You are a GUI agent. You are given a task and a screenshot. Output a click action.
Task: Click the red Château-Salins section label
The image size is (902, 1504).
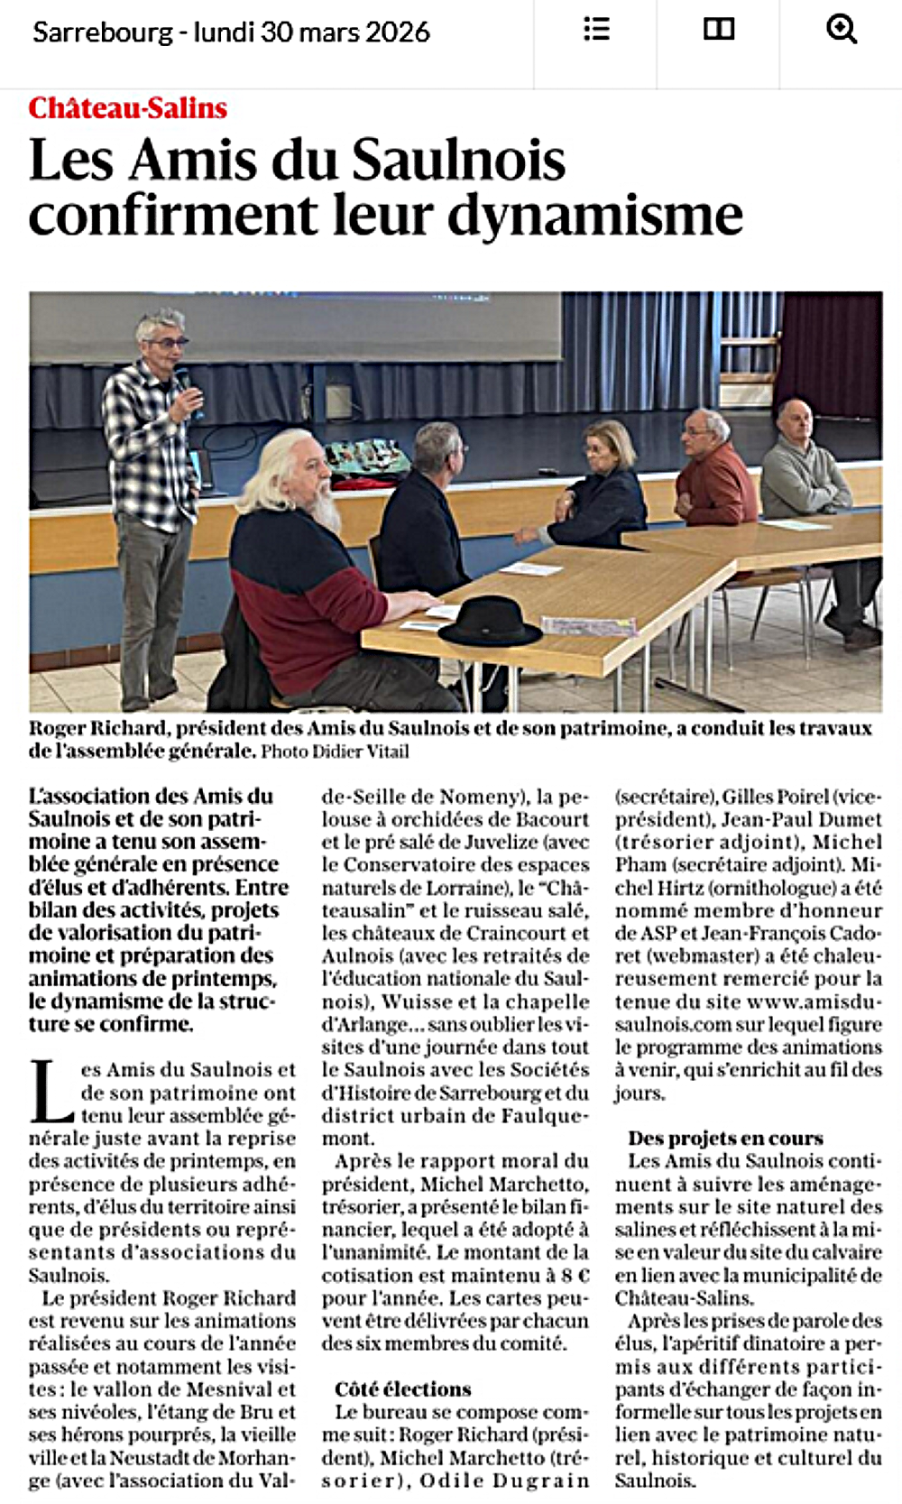click(x=127, y=108)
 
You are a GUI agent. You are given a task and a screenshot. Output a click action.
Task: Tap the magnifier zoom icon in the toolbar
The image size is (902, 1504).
click(x=841, y=29)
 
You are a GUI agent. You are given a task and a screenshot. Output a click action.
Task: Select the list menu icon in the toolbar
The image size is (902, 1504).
click(x=596, y=29)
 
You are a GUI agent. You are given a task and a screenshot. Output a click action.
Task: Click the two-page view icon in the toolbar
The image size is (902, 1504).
click(x=719, y=29)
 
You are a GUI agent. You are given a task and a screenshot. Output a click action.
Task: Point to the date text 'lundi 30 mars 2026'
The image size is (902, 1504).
click(x=312, y=32)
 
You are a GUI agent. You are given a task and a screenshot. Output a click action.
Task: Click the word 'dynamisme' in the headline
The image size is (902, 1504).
click(x=595, y=216)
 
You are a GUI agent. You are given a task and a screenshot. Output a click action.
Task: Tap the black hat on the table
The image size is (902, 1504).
click(x=490, y=622)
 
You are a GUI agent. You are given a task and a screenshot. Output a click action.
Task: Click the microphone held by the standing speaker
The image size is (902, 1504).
click(x=183, y=379)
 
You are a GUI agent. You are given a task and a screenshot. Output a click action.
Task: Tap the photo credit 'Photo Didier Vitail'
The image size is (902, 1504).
click(x=335, y=752)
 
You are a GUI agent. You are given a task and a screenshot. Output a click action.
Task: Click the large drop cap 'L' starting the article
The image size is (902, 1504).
click(x=51, y=1092)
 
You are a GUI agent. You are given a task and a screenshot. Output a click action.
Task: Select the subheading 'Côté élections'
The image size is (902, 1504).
click(x=402, y=1389)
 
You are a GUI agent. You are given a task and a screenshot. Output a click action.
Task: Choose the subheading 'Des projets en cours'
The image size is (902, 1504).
click(x=725, y=1138)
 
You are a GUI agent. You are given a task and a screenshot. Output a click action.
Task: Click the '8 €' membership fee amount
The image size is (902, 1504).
click(x=575, y=1275)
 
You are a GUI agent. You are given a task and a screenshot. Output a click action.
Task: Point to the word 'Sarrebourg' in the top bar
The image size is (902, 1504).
click(x=102, y=32)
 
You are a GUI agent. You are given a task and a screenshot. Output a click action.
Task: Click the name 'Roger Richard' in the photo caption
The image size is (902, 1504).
click(x=97, y=728)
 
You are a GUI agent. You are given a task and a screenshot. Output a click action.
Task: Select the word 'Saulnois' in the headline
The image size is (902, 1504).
click(x=458, y=160)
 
